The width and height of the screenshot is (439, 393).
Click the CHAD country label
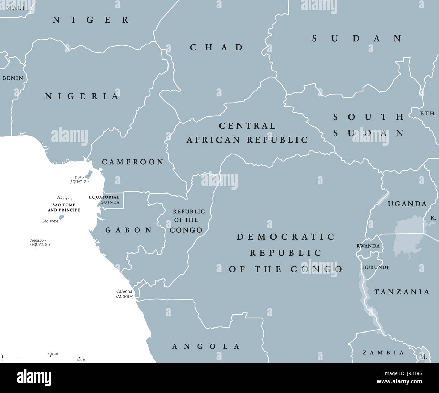216,47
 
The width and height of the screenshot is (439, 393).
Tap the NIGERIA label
82,97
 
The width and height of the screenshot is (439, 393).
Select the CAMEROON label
133,162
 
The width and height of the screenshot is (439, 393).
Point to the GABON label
129,230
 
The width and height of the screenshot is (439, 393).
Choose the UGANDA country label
407,204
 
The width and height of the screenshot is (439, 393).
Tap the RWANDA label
368,246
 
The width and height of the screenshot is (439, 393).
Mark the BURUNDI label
376,267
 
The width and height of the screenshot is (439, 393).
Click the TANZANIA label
402,292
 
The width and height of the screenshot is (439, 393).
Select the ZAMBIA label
383,353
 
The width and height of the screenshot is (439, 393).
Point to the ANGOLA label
206,346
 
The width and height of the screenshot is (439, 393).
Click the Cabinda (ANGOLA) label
124,294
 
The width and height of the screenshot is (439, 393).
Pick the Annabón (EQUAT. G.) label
40,242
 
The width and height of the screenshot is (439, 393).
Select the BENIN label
13,78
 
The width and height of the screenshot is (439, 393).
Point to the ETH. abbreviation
428,114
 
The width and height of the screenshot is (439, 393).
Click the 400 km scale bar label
53,354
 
